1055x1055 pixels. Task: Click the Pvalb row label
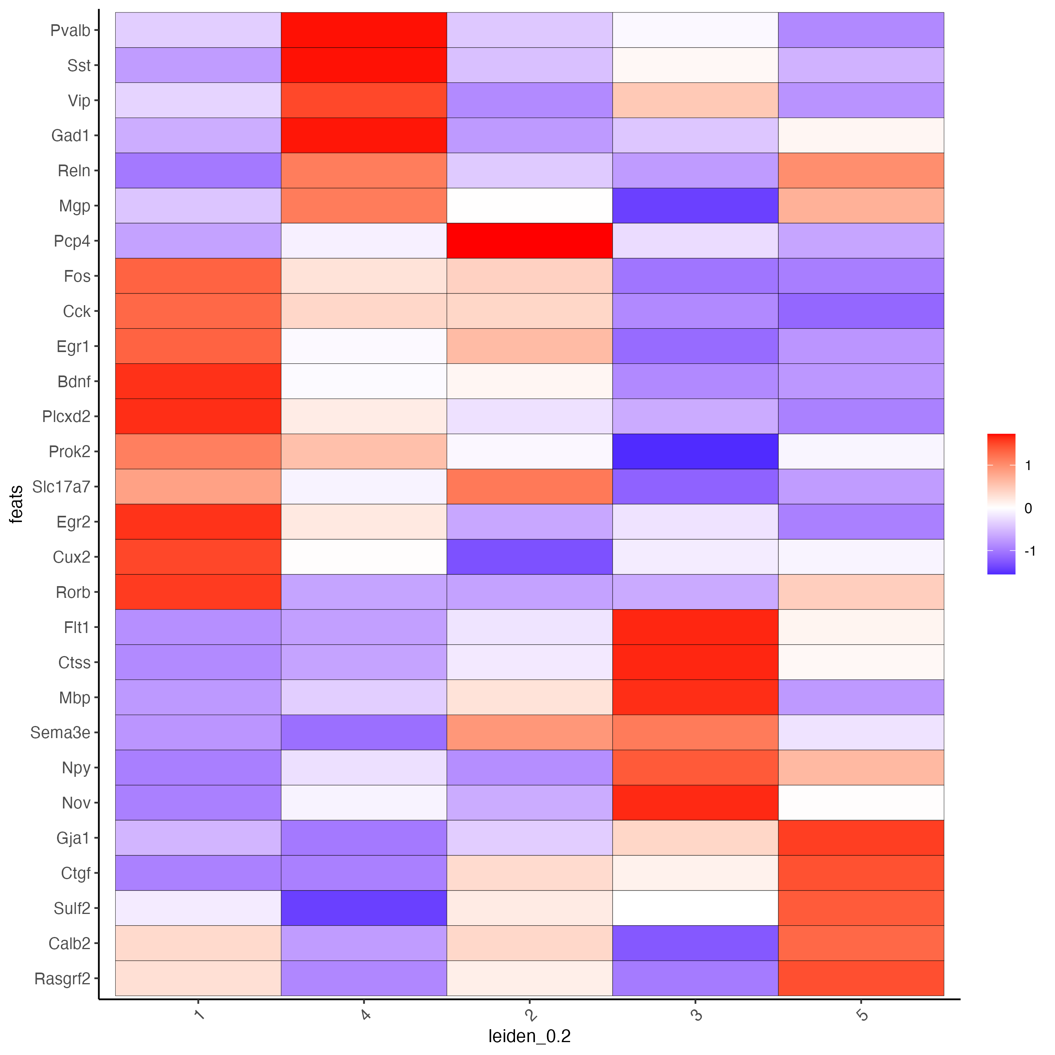(x=70, y=30)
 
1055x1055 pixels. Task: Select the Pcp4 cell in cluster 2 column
(x=529, y=241)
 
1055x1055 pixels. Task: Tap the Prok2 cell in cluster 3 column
(x=695, y=452)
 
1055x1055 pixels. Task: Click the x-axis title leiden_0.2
(x=529, y=1036)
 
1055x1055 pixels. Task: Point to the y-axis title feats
(x=17, y=504)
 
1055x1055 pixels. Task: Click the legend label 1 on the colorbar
(x=1028, y=466)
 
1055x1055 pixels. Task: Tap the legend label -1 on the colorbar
(x=1030, y=551)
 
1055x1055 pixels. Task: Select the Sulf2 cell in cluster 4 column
(x=364, y=908)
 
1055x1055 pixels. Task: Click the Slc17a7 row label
(x=61, y=486)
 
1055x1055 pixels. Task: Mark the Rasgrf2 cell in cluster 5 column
(x=861, y=978)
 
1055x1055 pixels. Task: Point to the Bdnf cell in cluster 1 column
(x=198, y=381)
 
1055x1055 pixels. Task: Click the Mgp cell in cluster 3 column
(x=695, y=206)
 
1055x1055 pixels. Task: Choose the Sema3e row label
(x=60, y=732)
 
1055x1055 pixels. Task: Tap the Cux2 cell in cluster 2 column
(x=529, y=557)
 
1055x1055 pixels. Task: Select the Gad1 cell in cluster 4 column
(x=364, y=136)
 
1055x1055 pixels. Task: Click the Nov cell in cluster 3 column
(x=695, y=803)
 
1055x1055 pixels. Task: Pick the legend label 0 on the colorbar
(x=1028, y=508)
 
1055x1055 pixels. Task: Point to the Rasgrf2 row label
(x=62, y=978)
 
